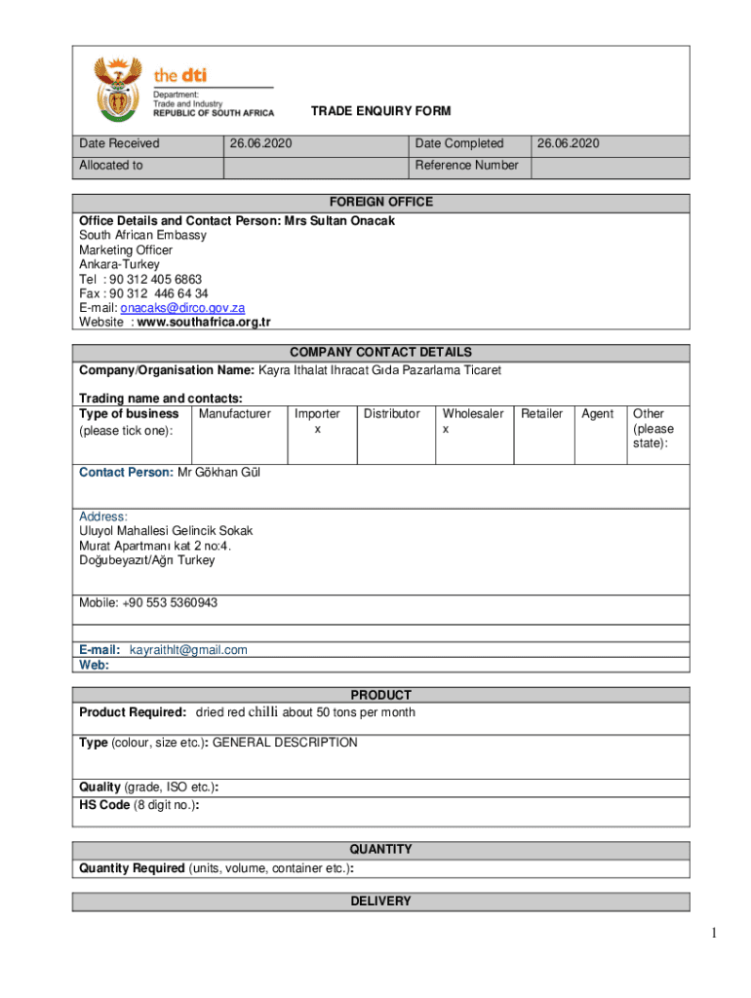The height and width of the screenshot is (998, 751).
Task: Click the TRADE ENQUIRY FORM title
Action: click(x=380, y=112)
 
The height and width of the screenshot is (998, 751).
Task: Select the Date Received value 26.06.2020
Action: click(x=260, y=144)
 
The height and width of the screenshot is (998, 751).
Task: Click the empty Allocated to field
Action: click(x=314, y=166)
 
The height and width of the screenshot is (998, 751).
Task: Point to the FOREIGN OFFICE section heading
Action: click(x=380, y=202)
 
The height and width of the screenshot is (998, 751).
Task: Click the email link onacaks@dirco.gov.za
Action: click(x=189, y=308)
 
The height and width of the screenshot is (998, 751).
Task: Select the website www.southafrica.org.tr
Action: click(x=204, y=323)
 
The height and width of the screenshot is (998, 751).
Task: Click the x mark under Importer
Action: click(x=317, y=429)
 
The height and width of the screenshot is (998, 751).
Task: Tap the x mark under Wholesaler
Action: click(x=446, y=429)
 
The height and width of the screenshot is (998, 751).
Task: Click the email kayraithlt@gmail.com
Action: click(x=188, y=650)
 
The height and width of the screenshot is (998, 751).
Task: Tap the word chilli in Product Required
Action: click(x=263, y=712)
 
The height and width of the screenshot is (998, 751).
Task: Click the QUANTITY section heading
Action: click(x=380, y=849)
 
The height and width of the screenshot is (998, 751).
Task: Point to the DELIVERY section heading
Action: click(x=380, y=902)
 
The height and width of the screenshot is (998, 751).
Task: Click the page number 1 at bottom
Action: click(x=715, y=935)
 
